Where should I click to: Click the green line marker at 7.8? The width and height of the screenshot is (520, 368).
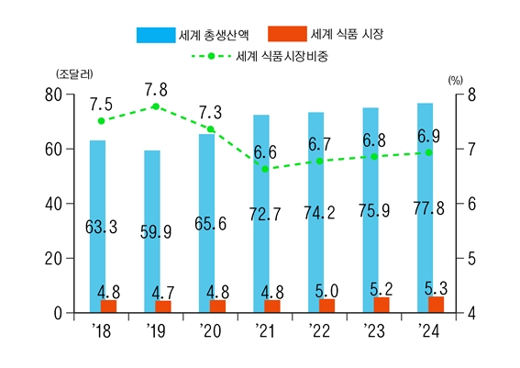point(156,106)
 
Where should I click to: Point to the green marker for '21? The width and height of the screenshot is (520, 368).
point(265,169)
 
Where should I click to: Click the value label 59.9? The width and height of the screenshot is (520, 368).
point(155,232)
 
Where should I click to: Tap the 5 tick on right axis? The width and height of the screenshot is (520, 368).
point(472,259)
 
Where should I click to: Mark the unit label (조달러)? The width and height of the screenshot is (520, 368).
point(73,73)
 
